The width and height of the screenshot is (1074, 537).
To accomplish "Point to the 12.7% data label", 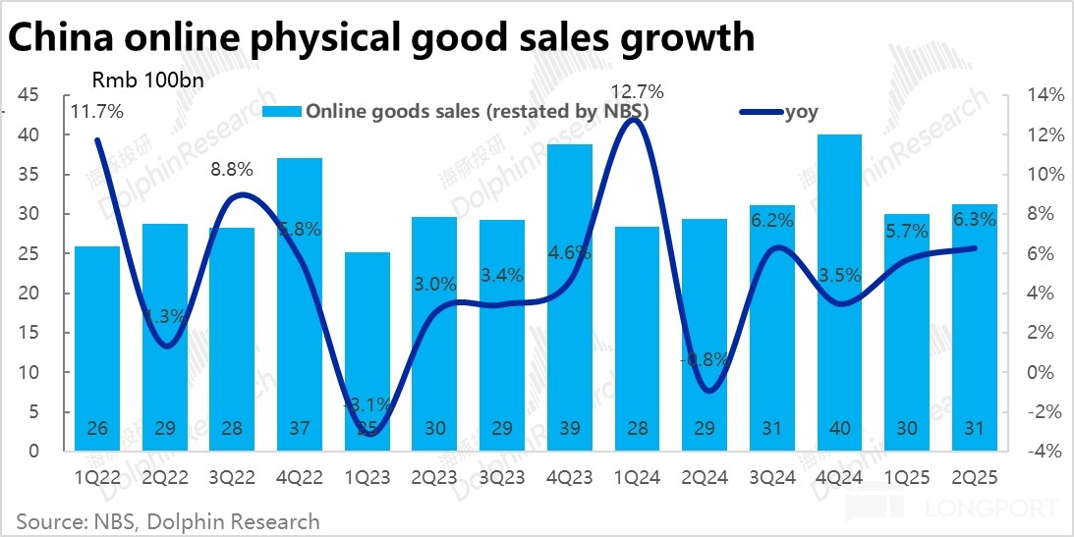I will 637,92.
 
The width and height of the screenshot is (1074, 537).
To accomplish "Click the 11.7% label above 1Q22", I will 96,112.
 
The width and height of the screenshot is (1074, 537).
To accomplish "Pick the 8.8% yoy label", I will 232,169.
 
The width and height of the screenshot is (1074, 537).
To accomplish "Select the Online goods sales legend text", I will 477,112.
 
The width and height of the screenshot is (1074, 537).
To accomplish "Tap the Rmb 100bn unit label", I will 147,80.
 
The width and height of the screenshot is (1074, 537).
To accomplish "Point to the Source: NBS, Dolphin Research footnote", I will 168,520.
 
